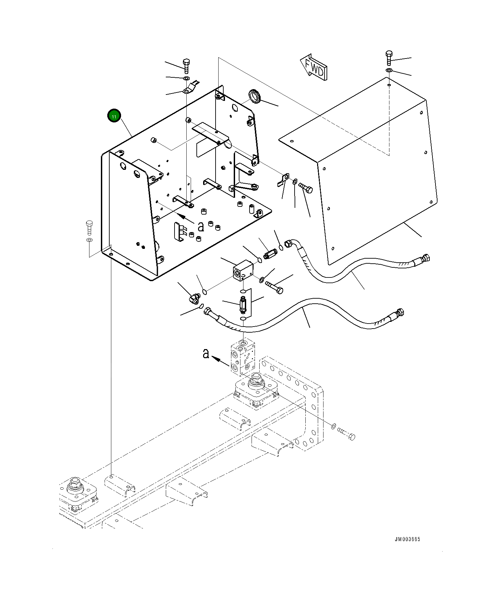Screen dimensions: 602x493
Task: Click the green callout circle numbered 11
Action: [114, 116]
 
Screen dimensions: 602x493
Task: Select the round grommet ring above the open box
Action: [255, 96]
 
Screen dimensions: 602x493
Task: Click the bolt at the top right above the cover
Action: [389, 58]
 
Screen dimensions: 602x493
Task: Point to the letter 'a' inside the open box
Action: [201, 227]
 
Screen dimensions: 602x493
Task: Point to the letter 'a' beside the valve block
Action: [206, 353]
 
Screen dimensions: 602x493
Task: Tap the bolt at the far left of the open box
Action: [89, 227]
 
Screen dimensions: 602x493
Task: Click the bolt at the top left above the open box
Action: [186, 66]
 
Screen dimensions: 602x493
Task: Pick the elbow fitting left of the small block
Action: [194, 297]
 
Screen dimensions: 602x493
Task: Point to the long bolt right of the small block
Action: [274, 287]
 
